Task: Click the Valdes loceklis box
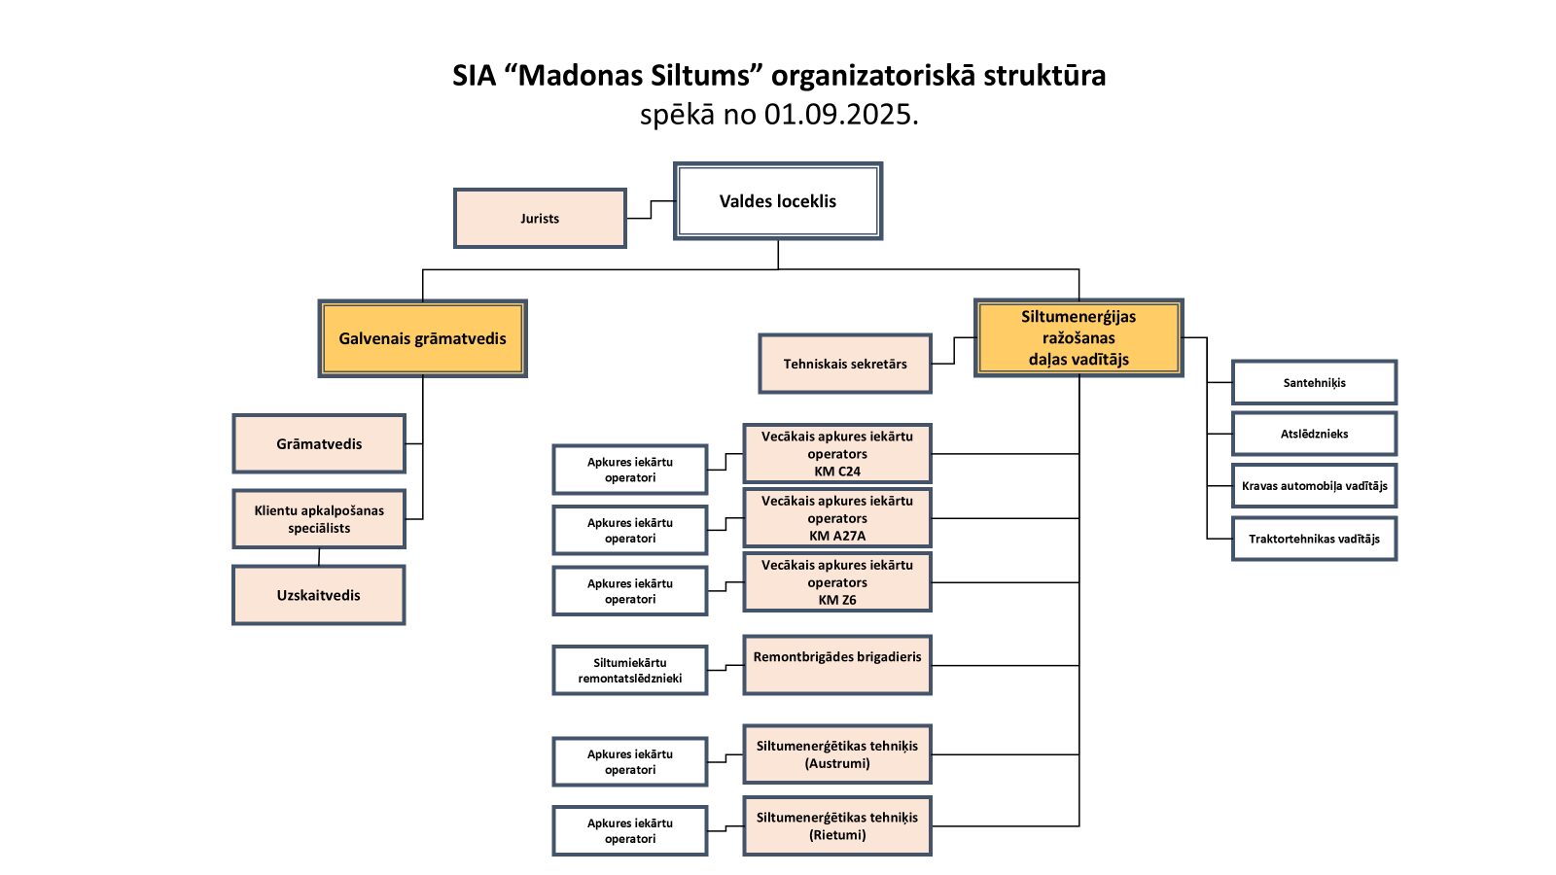[x=778, y=201]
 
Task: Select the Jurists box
[x=540, y=219]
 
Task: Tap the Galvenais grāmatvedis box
[x=422, y=338]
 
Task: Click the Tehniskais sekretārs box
[x=845, y=364]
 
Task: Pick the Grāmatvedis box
[x=319, y=444]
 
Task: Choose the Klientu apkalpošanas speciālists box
[x=319, y=519]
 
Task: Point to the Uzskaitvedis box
[x=319, y=595]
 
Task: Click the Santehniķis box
[x=1314, y=382]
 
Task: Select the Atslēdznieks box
[x=1314, y=434]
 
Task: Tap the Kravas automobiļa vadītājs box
[x=1314, y=486]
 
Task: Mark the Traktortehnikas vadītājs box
[x=1314, y=539]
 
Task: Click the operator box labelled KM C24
[x=837, y=454]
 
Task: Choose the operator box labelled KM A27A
[x=837, y=518]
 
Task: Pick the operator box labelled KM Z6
[x=837, y=582]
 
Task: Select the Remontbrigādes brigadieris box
[x=837, y=665]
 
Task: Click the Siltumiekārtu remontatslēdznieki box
[x=630, y=671]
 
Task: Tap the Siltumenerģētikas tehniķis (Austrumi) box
[x=837, y=754]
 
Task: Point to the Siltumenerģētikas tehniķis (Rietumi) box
[x=837, y=826]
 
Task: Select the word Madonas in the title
[x=581, y=76]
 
